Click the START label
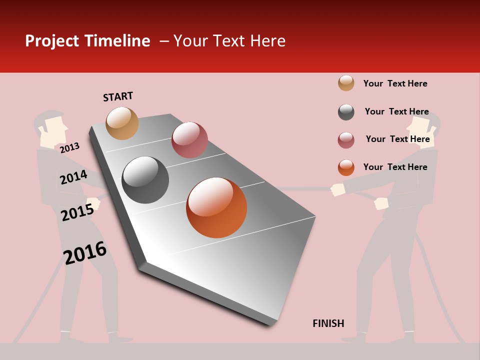pyautogui.click(x=118, y=96)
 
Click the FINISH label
pyautogui.click(x=328, y=323)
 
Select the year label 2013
pyautogui.click(x=69, y=147)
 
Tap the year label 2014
pyautogui.click(x=73, y=177)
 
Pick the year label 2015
pyautogui.click(x=77, y=212)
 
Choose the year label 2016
pyautogui.click(x=85, y=253)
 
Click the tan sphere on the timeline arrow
pyautogui.click(x=122, y=123)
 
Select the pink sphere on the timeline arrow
pyautogui.click(x=189, y=140)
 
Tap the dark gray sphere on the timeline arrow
pyautogui.click(x=145, y=180)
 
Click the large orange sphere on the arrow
pyautogui.click(x=216, y=207)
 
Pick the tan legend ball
pyautogui.click(x=346, y=83)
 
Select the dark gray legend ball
pyautogui.click(x=346, y=112)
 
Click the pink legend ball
pyautogui.click(x=346, y=140)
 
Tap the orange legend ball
pyautogui.click(x=346, y=167)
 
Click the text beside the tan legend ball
pyautogui.click(x=395, y=83)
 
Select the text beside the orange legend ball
pyautogui.click(x=395, y=167)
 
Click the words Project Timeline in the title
pyautogui.click(x=87, y=41)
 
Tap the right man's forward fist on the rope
pyautogui.click(x=338, y=189)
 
